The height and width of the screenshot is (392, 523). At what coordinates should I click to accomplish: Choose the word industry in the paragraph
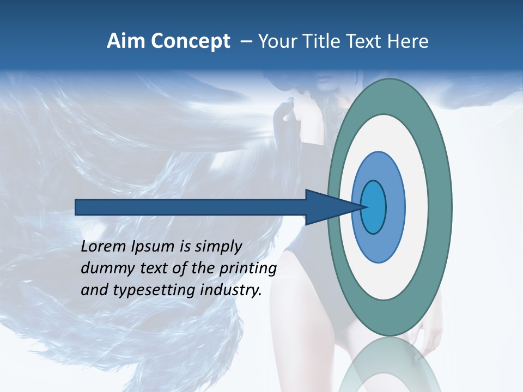coord(230,290)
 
